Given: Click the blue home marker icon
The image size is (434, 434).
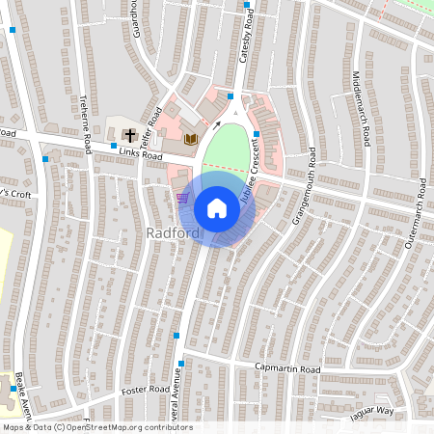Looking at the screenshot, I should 217,207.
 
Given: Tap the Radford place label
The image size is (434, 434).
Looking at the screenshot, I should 174,234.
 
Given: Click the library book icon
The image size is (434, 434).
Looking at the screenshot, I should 190,140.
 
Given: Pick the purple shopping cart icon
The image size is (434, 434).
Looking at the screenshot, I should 183,198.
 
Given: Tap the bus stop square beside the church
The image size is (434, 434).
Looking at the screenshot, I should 113,146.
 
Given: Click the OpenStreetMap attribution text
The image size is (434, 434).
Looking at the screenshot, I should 96,427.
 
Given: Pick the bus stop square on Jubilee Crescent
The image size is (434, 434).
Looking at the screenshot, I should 256,133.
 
